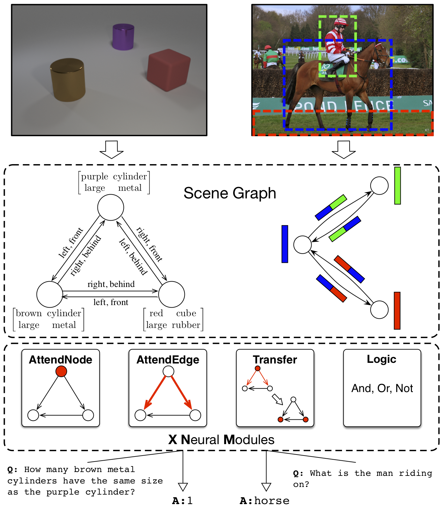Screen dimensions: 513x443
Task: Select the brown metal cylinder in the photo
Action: (68, 80)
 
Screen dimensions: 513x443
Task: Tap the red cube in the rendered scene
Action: (169, 70)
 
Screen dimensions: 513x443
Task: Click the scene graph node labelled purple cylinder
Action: (111, 207)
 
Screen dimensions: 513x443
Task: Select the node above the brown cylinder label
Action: (50, 294)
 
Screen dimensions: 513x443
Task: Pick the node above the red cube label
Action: (171, 294)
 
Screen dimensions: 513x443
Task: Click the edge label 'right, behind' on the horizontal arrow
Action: (111, 284)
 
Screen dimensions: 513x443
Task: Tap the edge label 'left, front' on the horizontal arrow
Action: (111, 302)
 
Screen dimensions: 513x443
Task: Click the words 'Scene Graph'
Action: (230, 193)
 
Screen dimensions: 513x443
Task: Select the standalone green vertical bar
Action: (397, 186)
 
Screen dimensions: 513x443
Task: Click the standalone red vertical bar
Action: (397, 310)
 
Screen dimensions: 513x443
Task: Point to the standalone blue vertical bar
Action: (285, 244)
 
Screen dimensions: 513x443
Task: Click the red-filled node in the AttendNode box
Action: (61, 371)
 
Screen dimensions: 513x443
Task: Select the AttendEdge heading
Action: (168, 360)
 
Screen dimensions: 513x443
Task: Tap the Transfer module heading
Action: (275, 360)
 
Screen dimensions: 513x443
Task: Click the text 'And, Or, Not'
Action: (382, 388)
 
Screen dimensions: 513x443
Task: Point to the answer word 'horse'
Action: (272, 501)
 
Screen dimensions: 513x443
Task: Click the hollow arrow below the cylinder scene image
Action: (111, 150)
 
